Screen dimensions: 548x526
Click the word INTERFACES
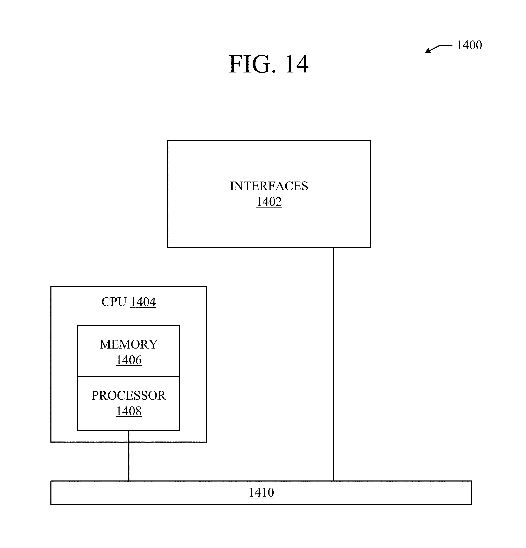pos(269,186)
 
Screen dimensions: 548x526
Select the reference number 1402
pos(269,202)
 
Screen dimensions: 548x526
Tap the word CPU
pos(114,302)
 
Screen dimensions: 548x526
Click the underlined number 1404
pos(143,302)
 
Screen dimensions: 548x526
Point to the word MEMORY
pos(129,344)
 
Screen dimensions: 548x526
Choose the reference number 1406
pos(129,360)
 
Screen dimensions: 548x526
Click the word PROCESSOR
pos(129,396)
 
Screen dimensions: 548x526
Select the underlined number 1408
pos(129,411)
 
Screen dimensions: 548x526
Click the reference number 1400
pos(469,45)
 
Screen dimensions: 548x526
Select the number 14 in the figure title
pos(297,64)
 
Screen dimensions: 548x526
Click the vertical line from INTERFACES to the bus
pos(333,363)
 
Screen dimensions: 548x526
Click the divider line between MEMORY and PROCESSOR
pos(129,377)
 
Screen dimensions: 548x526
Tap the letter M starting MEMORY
pos(105,344)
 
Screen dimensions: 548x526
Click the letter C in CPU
pos(106,302)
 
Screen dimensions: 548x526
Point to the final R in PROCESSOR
pos(162,396)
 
